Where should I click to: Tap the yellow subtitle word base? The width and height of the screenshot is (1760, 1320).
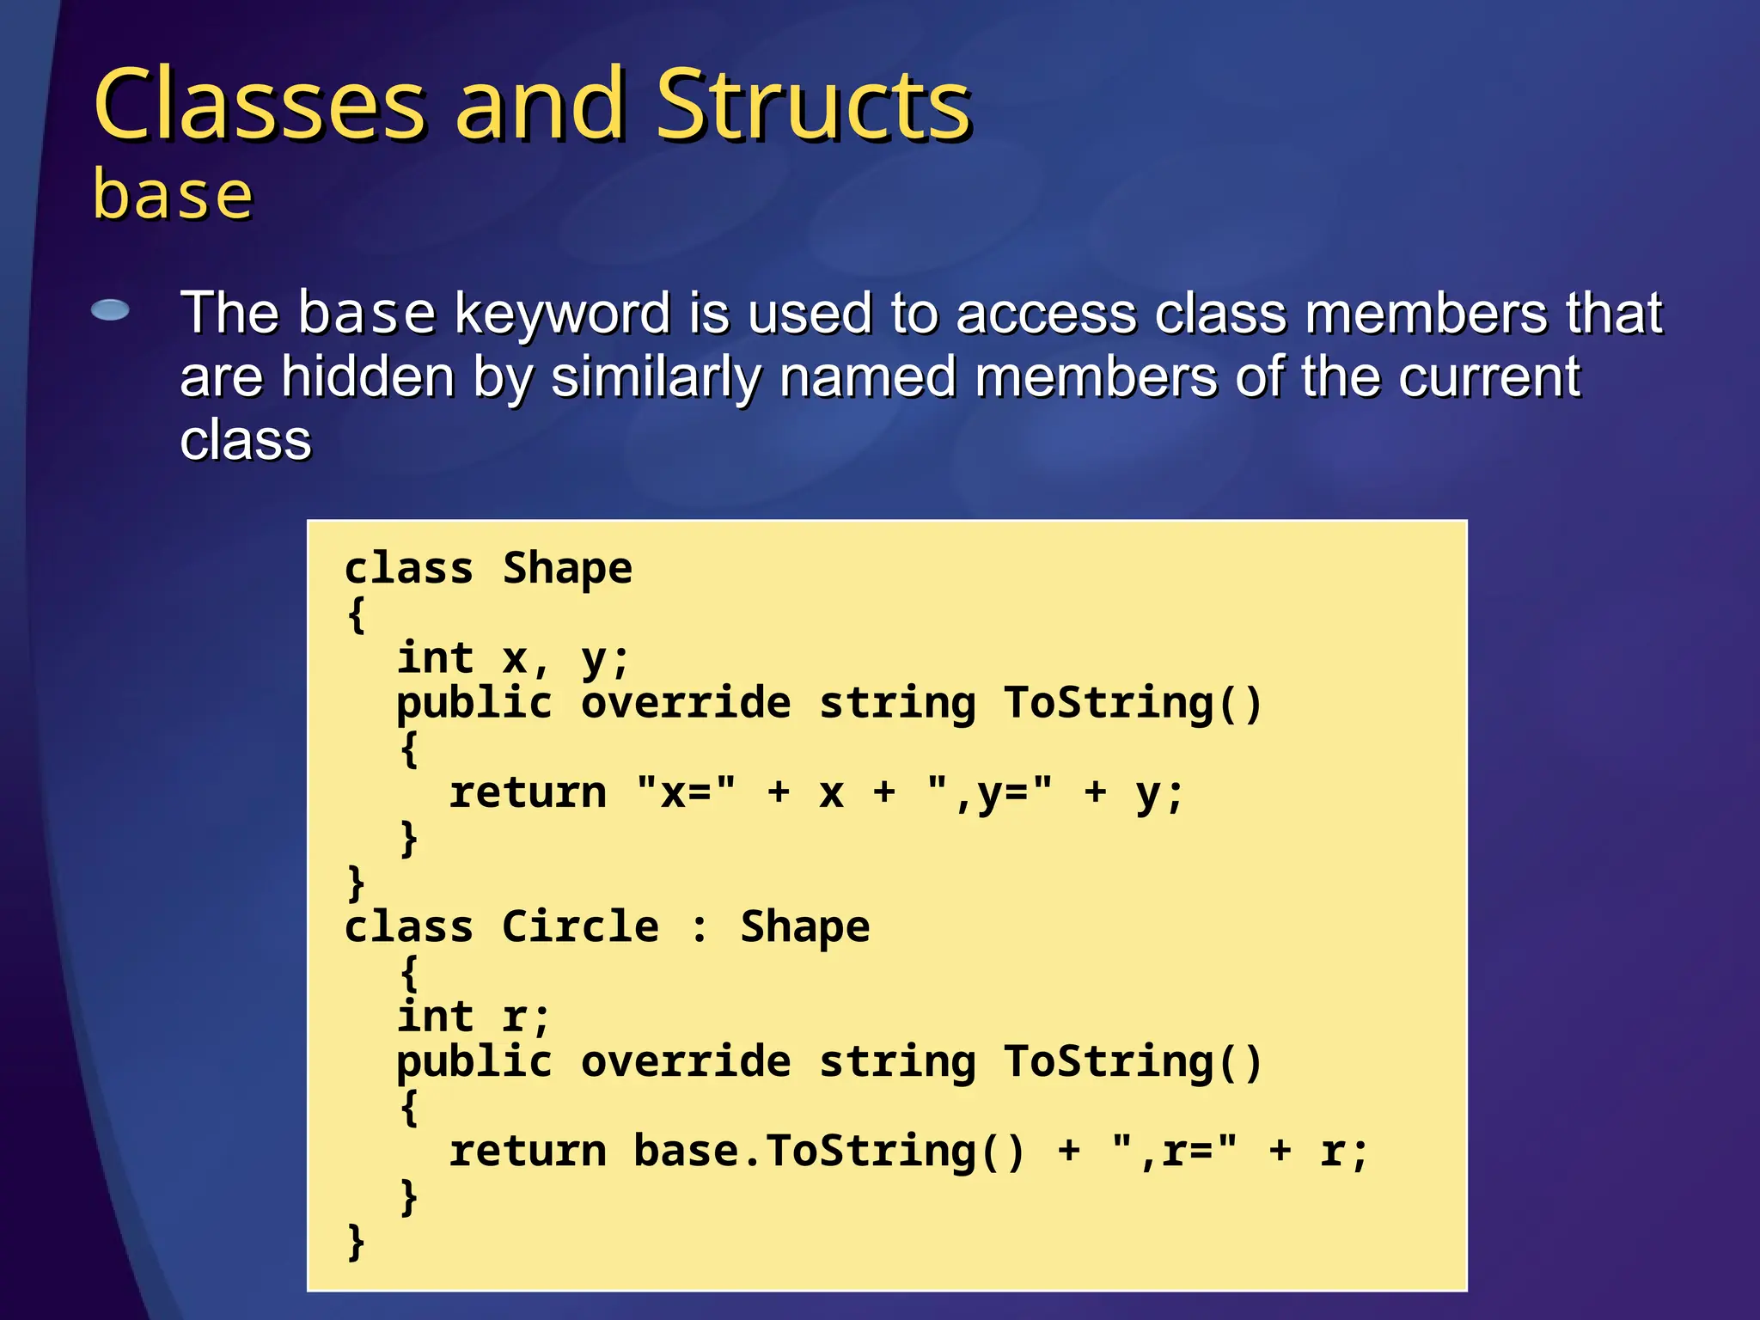pos(173,195)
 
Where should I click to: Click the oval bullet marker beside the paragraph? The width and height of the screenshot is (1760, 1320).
pos(110,310)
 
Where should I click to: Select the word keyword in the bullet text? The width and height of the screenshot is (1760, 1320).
pos(561,313)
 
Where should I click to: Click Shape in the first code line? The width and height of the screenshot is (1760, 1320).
pos(567,568)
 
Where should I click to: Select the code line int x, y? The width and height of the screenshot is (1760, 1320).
pos(513,659)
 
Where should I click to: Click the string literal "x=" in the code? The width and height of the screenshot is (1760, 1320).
pos(686,792)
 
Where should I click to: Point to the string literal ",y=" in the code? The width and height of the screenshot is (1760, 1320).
pos(990,792)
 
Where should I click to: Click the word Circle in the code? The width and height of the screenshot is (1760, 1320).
pos(580,926)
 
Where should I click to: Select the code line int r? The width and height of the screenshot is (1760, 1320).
pos(473,1017)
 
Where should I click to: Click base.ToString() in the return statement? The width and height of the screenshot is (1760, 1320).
pos(829,1151)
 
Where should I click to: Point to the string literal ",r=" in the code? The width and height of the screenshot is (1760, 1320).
pos(1174,1151)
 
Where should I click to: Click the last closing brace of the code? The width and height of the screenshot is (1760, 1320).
pos(356,1242)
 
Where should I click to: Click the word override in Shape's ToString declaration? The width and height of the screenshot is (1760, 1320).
pos(686,703)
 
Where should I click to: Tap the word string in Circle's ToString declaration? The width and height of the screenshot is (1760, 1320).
pos(897,1061)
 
